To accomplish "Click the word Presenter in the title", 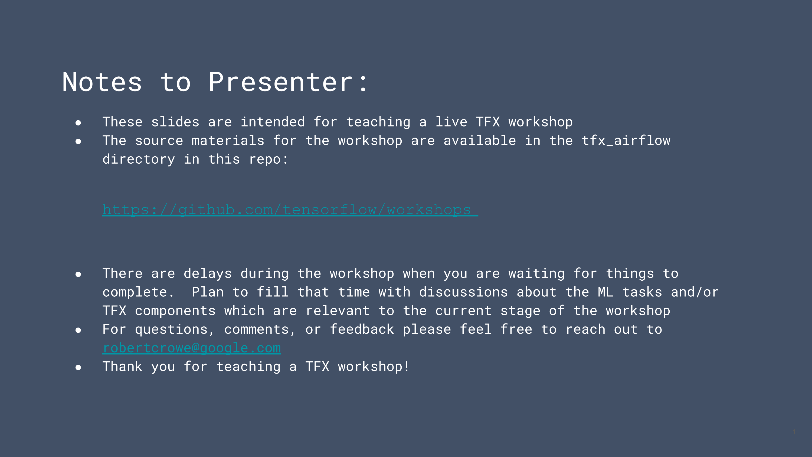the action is [280, 82].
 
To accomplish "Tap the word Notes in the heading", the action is [102, 82].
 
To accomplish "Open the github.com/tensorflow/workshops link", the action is [290, 210].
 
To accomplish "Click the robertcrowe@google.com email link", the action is [192, 348].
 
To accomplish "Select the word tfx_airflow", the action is [626, 141].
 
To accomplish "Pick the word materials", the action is [228, 141].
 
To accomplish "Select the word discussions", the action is [463, 292].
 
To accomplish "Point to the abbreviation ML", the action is [605, 292].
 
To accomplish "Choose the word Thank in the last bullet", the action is [122, 367].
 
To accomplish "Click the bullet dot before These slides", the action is [78, 123].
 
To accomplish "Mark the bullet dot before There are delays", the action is [78, 274].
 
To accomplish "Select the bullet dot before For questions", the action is [78, 330].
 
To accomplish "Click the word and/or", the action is [695, 292].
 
